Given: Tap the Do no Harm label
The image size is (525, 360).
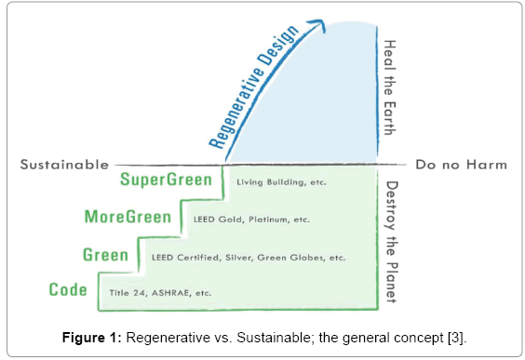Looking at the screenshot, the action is (461, 165).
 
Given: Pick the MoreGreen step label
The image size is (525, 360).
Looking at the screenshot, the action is (128, 218).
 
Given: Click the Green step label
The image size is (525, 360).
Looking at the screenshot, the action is (105, 254).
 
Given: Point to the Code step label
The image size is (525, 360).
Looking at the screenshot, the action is (68, 290).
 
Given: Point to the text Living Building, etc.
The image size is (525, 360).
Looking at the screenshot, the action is (281, 182).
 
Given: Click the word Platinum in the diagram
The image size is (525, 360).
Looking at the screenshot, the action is (281, 220).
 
